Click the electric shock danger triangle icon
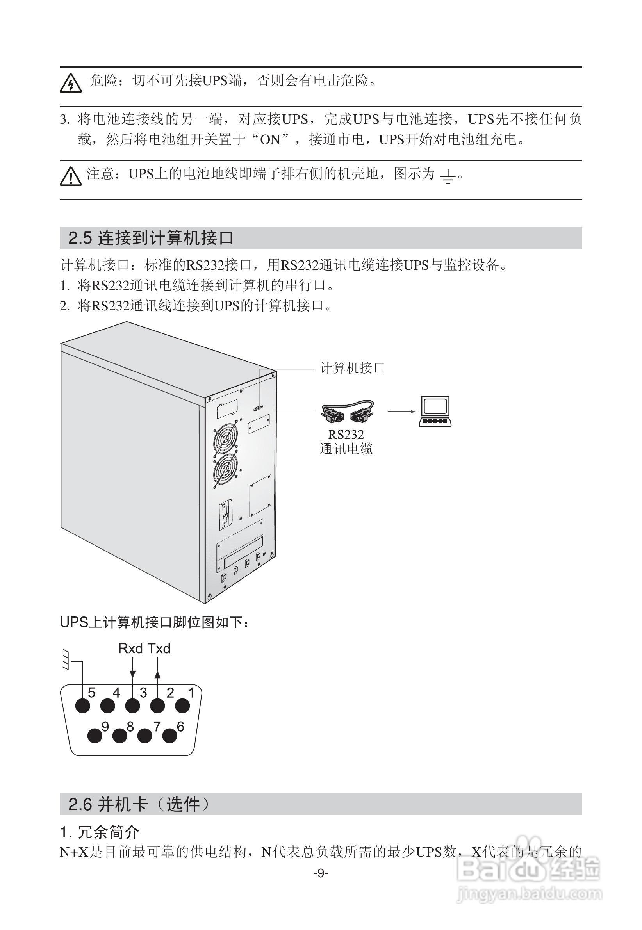coord(71,83)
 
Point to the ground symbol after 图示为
coord(448,177)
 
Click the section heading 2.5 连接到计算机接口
coord(151,238)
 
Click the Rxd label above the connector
coord(130,649)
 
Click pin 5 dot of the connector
coord(83,706)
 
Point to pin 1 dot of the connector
coord(183,706)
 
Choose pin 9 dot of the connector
coord(95,736)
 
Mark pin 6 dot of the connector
coord(170,736)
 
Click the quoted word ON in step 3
coord(270,140)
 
